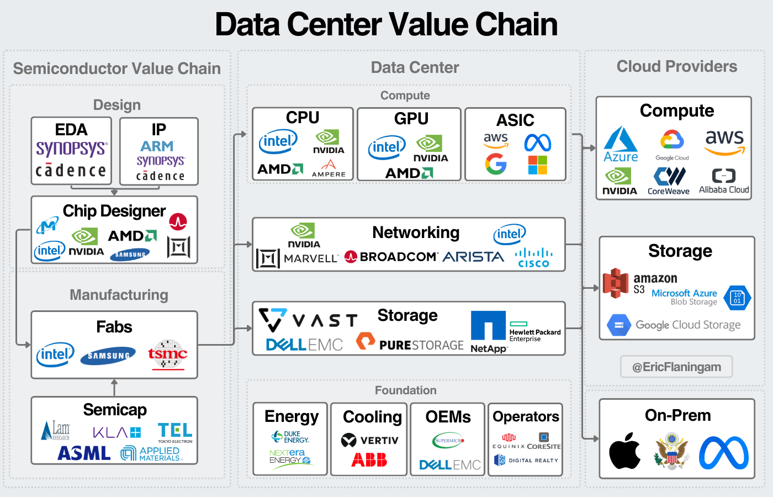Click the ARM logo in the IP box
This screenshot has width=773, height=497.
coord(157,146)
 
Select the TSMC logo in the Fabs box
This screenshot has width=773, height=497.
coord(167,354)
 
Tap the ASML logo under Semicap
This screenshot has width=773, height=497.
coord(84,453)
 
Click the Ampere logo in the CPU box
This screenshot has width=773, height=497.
coord(329,168)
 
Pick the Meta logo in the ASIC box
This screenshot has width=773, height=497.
coord(537,143)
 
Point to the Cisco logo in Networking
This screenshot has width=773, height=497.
coord(533,257)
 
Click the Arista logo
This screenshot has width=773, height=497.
coord(473,257)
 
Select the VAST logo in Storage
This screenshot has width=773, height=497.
coord(308,319)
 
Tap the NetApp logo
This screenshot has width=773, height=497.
coord(488,332)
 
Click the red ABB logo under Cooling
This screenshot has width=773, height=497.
coord(369,460)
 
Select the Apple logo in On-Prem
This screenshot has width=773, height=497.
coord(624,451)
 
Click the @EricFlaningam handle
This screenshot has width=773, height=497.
coord(676,367)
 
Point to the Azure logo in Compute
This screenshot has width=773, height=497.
coord(621,145)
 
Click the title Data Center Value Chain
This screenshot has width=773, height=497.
coord(386,24)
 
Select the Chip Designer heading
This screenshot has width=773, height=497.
coord(114,211)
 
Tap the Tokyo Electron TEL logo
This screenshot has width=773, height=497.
coord(175,432)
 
